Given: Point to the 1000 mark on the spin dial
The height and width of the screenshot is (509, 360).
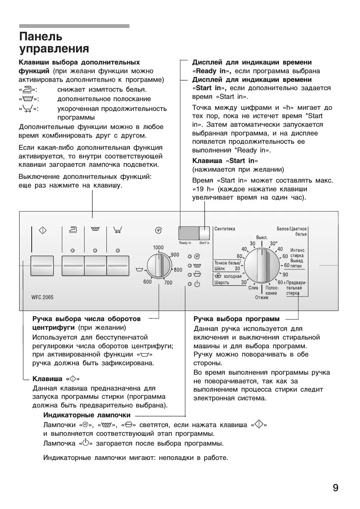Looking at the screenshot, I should (x=158, y=248).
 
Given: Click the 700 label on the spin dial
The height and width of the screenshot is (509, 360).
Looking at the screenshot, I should (x=168, y=283).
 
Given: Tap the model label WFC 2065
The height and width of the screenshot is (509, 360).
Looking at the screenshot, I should (x=42, y=297).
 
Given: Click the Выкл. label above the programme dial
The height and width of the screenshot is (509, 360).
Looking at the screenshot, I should (x=262, y=238).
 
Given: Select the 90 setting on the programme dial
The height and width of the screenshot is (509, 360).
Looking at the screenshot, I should (x=285, y=275).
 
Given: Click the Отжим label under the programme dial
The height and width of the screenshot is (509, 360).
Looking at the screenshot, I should (x=262, y=298).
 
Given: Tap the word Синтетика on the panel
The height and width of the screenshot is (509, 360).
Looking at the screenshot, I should (x=225, y=229).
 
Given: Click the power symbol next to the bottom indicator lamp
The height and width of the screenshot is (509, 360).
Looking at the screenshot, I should (x=197, y=284).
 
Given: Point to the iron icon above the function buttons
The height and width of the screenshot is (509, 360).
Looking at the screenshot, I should (x=73, y=229).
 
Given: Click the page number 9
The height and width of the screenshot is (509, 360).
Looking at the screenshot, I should (x=335, y=488).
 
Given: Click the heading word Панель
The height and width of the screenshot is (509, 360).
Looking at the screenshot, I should (x=41, y=37).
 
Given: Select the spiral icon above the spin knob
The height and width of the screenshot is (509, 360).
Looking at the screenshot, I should (x=159, y=230).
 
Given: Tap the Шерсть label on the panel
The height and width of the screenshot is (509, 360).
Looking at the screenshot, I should (x=222, y=283).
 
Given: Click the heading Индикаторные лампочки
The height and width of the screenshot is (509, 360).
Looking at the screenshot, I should (x=87, y=415).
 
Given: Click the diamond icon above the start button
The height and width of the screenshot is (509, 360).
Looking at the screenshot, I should (x=43, y=230).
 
